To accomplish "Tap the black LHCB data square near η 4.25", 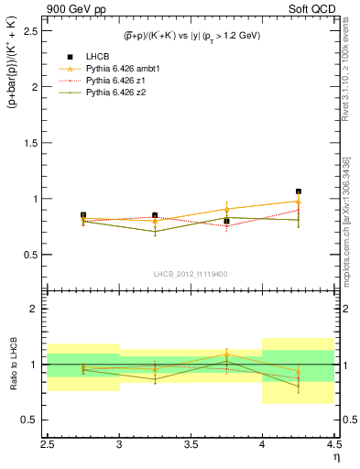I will tap(299, 191).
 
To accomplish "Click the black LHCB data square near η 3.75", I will tap(226, 221).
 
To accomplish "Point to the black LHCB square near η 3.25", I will tap(155, 215).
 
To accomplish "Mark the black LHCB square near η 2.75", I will tap(83, 215).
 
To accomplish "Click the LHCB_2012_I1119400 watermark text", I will tap(191, 274).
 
